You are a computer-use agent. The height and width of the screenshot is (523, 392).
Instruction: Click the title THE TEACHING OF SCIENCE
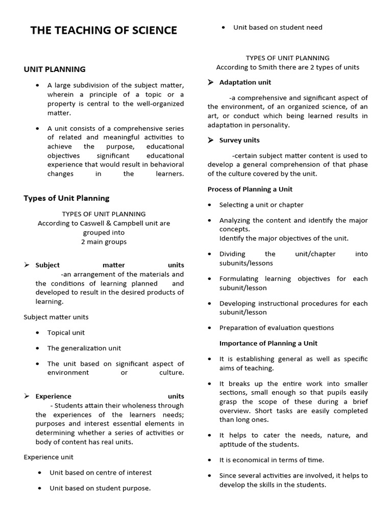click(104, 31)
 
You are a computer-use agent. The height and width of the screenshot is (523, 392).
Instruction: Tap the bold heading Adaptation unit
click(245, 82)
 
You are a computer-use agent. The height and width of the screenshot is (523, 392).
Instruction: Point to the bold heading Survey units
click(239, 140)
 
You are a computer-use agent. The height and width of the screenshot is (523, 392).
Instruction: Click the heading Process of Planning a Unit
click(250, 189)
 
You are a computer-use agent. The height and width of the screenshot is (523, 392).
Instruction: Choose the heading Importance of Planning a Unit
click(268, 343)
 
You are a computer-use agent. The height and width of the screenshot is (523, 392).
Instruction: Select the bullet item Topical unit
click(66, 332)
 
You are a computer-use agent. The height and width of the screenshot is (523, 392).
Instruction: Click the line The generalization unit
click(84, 348)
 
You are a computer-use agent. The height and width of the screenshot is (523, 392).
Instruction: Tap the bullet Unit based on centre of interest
click(101, 472)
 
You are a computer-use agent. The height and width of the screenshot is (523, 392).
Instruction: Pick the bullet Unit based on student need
click(278, 28)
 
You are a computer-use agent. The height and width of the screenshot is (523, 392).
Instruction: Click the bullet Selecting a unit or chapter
click(261, 205)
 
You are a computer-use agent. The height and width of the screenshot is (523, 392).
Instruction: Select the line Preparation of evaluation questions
click(277, 328)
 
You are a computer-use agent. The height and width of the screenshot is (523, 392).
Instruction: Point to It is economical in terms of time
click(272, 460)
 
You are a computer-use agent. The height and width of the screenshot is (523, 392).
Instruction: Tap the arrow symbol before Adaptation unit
click(211, 82)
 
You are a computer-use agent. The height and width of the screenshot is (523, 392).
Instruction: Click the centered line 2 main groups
click(104, 242)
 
